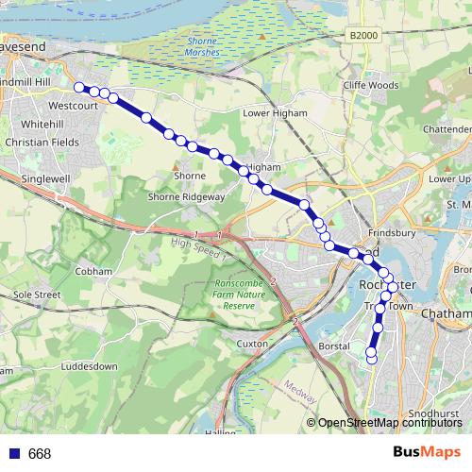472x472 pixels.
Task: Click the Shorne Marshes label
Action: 202,47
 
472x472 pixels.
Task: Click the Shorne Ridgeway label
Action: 186,196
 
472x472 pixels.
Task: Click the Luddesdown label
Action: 87,365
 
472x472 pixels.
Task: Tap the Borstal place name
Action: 334,346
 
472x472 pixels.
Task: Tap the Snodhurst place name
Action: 433,413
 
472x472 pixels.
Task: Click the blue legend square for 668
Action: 12,454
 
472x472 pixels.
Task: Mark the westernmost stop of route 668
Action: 79,89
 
